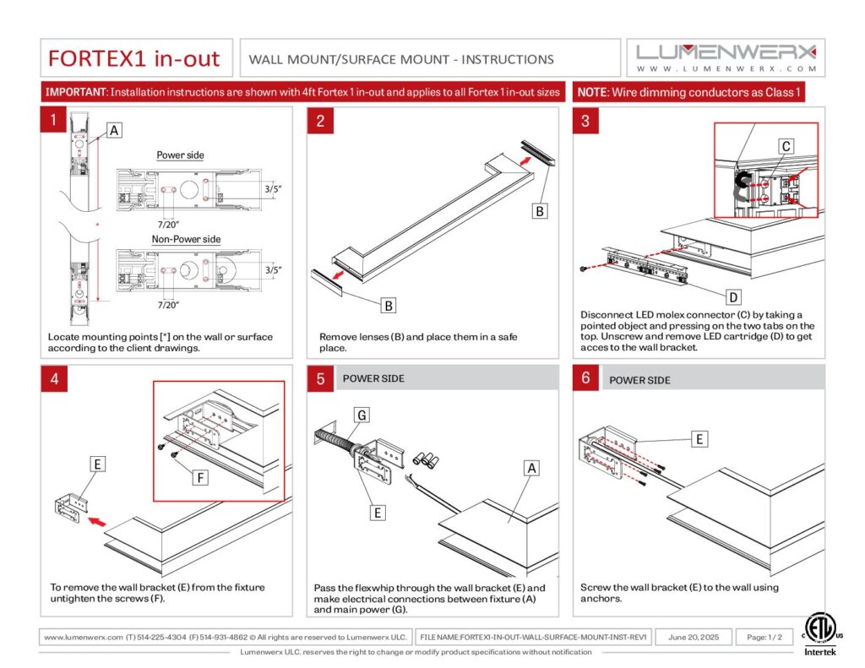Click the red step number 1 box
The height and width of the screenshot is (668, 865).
tap(53, 120)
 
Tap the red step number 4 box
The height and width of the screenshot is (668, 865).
tap(53, 378)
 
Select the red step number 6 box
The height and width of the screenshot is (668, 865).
tap(585, 378)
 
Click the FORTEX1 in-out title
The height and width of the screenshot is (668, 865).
tap(133, 59)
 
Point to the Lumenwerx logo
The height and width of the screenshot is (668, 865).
tap(726, 57)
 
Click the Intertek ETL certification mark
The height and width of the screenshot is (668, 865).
tap(817, 633)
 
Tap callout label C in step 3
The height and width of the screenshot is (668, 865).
tap(785, 146)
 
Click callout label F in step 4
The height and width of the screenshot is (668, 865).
tap(199, 478)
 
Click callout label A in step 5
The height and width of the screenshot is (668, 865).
tap(531, 467)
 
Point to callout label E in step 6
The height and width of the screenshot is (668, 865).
tap(699, 438)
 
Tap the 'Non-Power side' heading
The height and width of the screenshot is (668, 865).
tap(186, 239)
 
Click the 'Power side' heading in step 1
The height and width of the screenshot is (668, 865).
tap(180, 155)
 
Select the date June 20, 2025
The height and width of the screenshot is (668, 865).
tap(694, 637)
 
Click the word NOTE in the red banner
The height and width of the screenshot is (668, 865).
tap(592, 91)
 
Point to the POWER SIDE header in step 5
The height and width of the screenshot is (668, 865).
tap(373, 378)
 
